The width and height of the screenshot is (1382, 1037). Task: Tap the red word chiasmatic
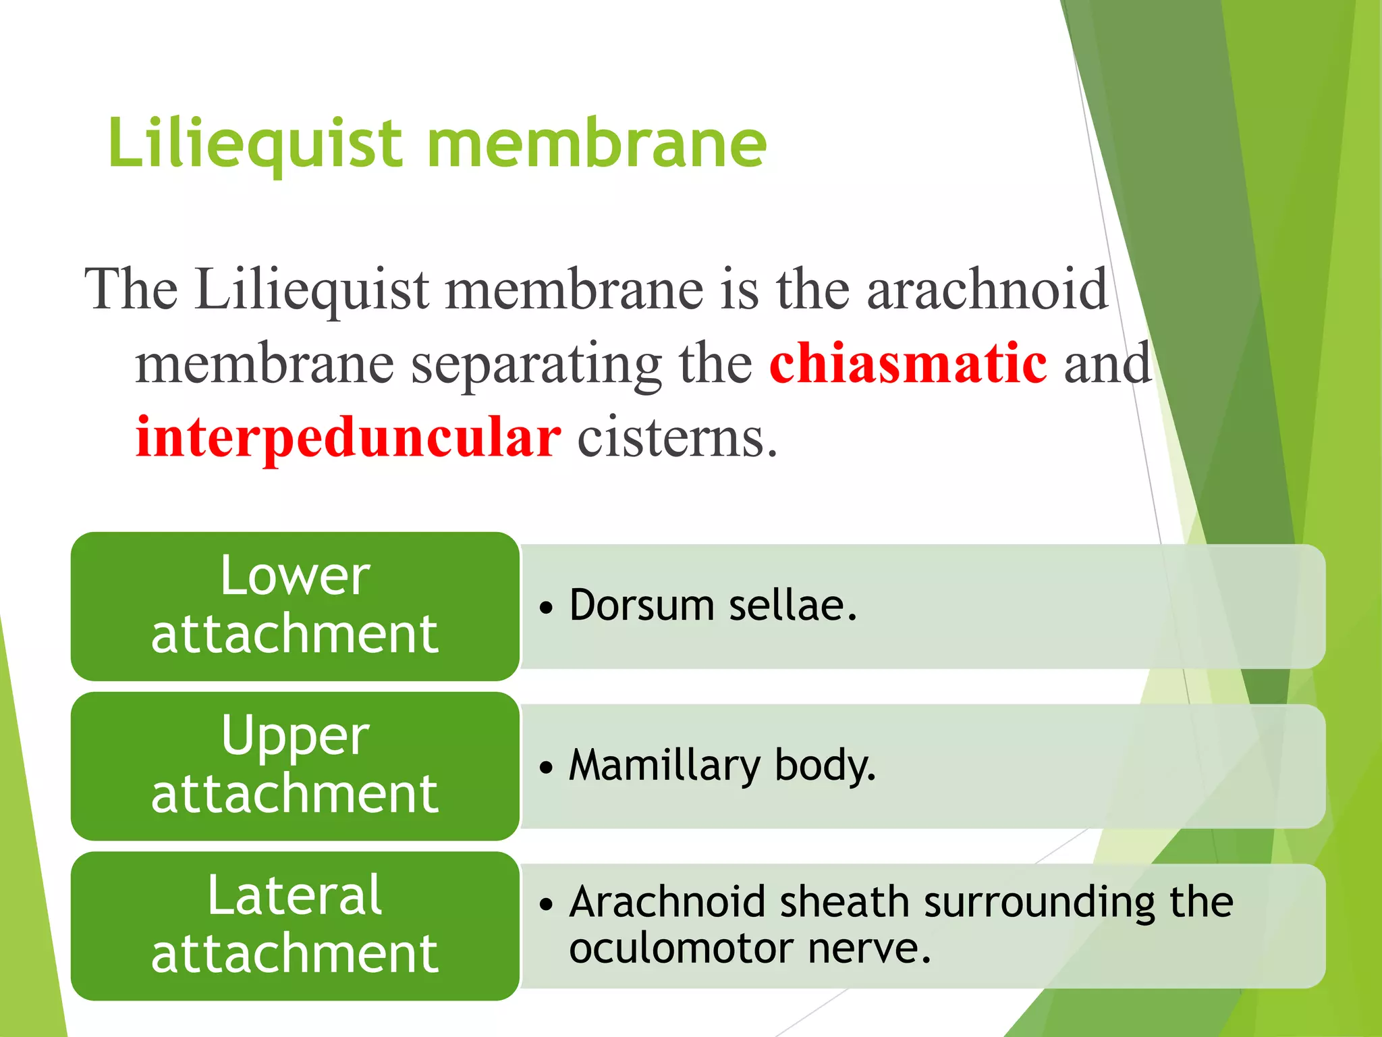pyautogui.click(x=908, y=363)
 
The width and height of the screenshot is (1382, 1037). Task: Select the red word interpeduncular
pyautogui.click(x=348, y=437)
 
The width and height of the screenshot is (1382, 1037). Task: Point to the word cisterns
pyautogui.click(x=677, y=437)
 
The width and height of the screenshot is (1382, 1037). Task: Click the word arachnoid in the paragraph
pyautogui.click(x=987, y=289)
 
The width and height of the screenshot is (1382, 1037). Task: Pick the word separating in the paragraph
pyautogui.click(x=536, y=365)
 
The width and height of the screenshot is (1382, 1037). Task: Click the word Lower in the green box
pyautogui.click(x=295, y=576)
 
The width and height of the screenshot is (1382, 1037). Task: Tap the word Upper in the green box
pyautogui.click(x=295, y=736)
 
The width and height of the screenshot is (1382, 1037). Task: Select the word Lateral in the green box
pyautogui.click(x=295, y=895)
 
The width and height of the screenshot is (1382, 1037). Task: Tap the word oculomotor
pyautogui.click(x=680, y=948)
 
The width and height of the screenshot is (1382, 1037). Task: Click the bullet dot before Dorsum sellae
pyautogui.click(x=546, y=607)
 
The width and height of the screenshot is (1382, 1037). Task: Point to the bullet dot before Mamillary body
pyautogui.click(x=546, y=767)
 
